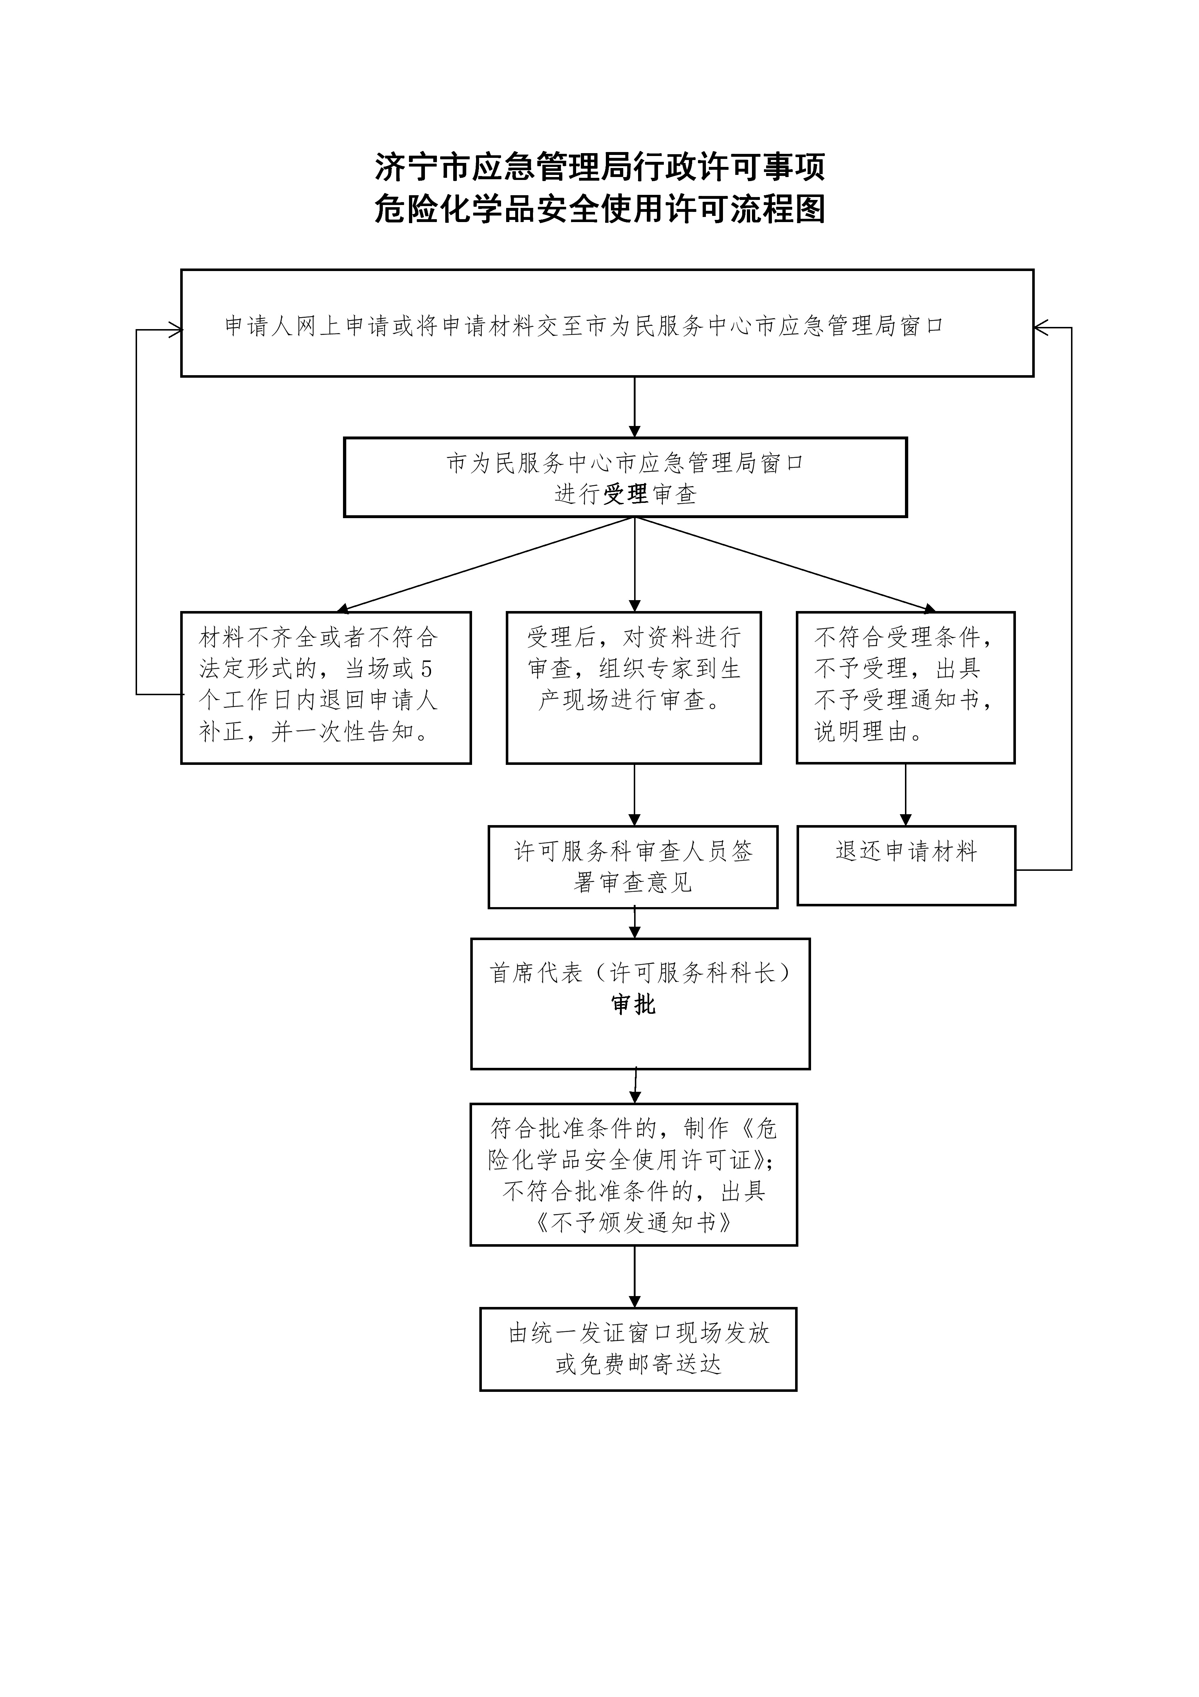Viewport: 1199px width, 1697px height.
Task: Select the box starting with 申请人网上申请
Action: (607, 323)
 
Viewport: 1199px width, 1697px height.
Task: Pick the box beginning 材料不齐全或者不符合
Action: (326, 687)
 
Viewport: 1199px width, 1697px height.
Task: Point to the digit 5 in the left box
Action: (426, 669)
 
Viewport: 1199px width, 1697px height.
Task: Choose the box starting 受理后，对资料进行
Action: (634, 687)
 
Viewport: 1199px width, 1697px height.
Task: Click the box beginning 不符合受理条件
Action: (906, 687)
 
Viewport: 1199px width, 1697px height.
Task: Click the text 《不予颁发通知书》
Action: (634, 1222)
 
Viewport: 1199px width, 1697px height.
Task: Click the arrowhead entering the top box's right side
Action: (1041, 327)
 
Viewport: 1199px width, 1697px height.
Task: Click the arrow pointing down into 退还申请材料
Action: (906, 795)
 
